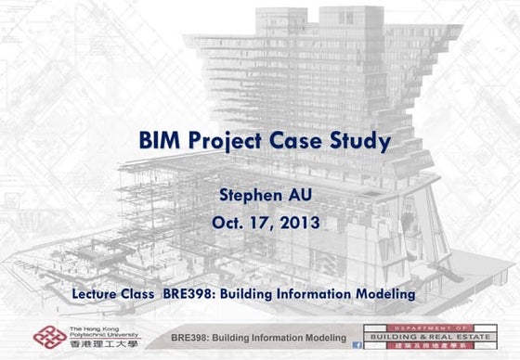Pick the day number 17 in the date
[x=261, y=223]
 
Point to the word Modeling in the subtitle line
[x=383, y=294]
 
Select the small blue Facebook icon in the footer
[x=357, y=344]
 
